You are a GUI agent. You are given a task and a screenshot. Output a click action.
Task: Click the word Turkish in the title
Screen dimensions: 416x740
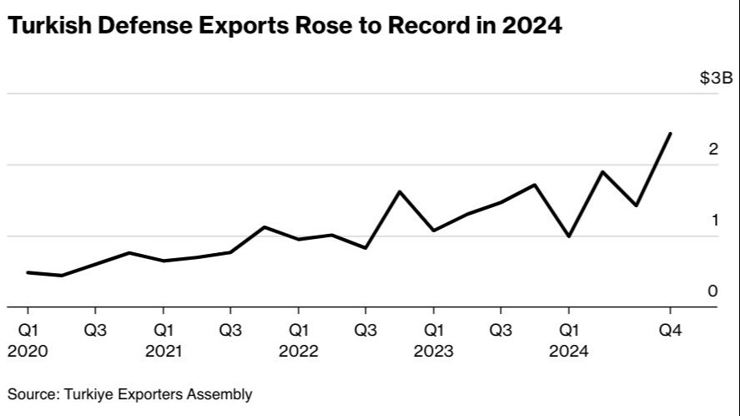(48, 26)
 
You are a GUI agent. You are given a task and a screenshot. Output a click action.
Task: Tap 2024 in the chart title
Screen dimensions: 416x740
(532, 26)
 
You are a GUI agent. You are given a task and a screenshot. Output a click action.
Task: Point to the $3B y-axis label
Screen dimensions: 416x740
(715, 79)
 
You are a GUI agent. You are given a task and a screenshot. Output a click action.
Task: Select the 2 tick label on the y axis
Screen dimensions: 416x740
(712, 150)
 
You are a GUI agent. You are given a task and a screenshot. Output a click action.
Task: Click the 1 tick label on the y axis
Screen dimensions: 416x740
(713, 221)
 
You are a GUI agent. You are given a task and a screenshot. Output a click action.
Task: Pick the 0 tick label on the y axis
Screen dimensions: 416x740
(712, 292)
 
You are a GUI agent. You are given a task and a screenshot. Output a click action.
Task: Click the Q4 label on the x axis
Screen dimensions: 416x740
(671, 331)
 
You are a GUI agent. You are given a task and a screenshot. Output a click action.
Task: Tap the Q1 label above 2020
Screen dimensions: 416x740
(28, 331)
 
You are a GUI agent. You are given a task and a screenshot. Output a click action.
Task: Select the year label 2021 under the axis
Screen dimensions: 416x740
(164, 352)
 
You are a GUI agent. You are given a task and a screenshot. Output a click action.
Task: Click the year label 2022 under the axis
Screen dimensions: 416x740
(299, 352)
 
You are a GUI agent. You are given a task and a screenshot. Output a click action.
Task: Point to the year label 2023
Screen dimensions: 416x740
(433, 352)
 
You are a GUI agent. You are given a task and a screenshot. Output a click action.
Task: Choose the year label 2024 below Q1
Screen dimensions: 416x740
(568, 352)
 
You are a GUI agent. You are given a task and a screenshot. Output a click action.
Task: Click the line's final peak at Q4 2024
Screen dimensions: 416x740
(670, 134)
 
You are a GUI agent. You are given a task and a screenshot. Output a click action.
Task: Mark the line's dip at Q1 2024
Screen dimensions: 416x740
(568, 236)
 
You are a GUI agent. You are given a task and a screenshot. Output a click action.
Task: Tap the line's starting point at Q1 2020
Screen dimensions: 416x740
(28, 272)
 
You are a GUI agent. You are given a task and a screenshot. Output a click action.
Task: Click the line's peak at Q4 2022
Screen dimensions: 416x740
(400, 192)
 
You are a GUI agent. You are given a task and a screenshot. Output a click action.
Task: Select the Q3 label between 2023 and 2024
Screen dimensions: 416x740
(501, 331)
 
